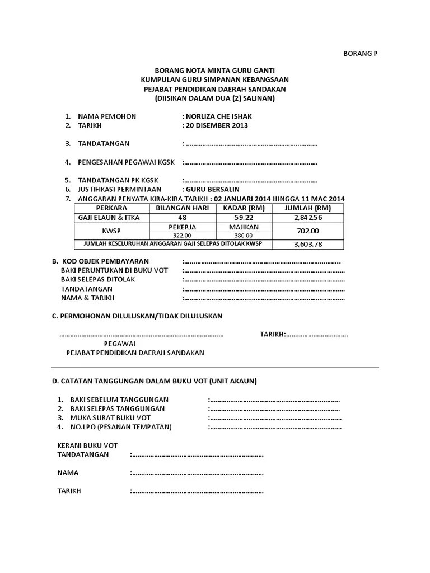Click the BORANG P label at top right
tap(360, 54)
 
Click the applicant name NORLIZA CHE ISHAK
tap(218, 116)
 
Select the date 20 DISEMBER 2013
tap(217, 125)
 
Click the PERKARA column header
tap(111, 208)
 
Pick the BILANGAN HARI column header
tap(182, 208)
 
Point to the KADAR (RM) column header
tap(244, 208)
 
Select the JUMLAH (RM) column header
tap(308, 208)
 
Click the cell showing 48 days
tap(182, 218)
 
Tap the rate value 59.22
tap(244, 218)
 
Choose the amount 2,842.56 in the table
tap(308, 218)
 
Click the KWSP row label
tap(111, 231)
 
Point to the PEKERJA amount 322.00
tap(182, 236)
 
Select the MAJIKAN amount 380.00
tap(244, 236)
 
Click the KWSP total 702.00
tap(308, 231)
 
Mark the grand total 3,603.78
tap(308, 245)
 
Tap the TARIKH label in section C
tap(272, 335)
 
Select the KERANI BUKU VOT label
tap(87, 445)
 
